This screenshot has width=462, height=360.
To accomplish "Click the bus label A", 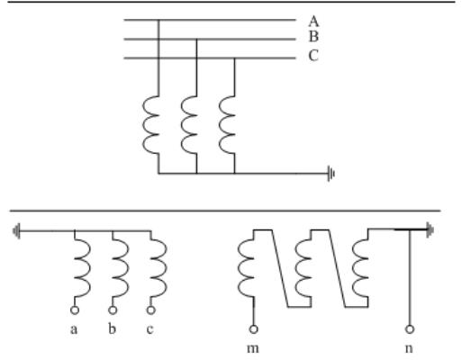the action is click(313, 22).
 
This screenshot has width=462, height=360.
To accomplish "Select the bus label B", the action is click(313, 37).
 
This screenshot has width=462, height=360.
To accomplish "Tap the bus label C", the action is click(313, 56).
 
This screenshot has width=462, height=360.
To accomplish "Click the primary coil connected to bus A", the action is click(150, 125).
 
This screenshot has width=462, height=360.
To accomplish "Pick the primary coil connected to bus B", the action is click(189, 125).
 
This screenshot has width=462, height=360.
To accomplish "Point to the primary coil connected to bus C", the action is click(227, 125).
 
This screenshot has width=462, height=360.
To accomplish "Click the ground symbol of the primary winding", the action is click(331, 174).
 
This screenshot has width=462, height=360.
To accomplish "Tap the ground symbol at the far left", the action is click(16, 231).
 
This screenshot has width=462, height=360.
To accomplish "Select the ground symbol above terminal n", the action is click(430, 230).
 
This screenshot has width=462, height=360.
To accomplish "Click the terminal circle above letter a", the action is click(75, 310).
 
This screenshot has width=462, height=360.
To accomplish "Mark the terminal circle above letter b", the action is click(113, 310).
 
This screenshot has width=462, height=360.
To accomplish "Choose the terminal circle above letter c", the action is click(151, 310).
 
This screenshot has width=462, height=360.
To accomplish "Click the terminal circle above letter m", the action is click(253, 329).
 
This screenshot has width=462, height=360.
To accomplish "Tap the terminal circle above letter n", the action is click(410, 329).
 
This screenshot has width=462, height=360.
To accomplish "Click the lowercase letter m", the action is click(253, 348).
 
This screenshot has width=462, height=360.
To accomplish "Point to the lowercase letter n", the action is click(409, 348).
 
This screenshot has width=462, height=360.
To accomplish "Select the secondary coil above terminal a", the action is click(83, 268).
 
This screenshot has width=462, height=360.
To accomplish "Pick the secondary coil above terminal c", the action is click(159, 268).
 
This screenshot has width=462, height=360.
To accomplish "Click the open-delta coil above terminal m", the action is click(246, 268).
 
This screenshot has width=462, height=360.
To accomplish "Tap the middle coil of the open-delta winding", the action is click(303, 268).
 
